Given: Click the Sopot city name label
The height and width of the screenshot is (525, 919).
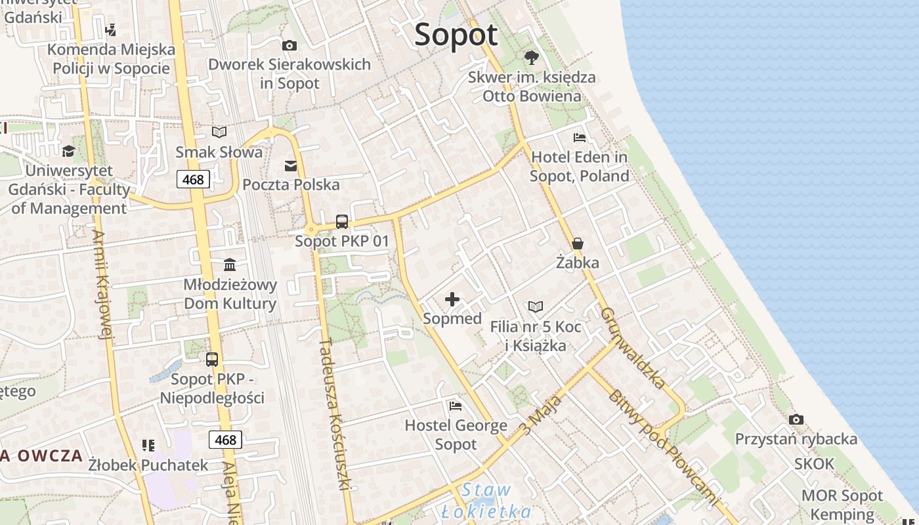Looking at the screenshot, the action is point(456,35).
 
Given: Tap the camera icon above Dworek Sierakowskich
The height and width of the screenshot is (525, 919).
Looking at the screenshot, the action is point(289,45).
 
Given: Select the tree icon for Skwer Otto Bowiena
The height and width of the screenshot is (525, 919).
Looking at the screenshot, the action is point(531,58).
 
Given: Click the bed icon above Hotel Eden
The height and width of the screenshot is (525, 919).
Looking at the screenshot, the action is point(580,138).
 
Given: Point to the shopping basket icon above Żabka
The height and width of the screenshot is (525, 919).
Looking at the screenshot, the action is point(578,243).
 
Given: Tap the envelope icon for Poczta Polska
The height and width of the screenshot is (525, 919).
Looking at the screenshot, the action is point(291,166).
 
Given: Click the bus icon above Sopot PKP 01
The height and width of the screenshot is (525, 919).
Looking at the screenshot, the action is point(342,222).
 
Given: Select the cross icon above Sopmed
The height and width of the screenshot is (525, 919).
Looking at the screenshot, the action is point(452,300).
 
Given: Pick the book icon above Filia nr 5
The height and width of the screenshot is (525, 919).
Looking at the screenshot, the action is point(536,306).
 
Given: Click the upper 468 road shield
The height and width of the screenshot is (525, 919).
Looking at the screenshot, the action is point(193,179).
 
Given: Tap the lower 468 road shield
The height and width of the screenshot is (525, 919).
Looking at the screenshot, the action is point(225,440).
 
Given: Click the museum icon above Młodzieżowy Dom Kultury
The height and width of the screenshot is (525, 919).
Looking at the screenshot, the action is point(230,265).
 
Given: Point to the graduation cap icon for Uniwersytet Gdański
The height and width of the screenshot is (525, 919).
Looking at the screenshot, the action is point(68,152).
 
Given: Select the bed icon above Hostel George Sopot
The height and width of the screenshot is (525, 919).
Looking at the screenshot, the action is point(456,406).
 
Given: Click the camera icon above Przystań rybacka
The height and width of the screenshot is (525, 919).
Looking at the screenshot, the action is point(796,420).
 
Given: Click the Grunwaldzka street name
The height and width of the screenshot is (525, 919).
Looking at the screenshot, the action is point(633,348).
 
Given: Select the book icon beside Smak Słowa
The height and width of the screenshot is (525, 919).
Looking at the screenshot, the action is point(219,133).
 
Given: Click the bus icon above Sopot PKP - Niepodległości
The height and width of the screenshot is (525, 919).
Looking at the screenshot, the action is point(212,360).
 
